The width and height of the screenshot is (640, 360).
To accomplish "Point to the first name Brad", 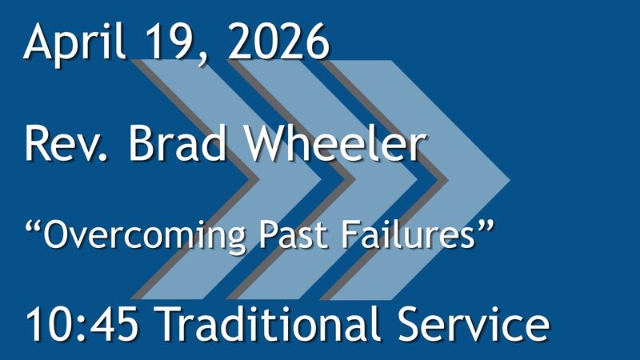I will tap(173, 146).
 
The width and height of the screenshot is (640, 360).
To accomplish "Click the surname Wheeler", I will tap(333, 146).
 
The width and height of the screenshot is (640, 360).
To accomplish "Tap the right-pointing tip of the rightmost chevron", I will tap(509, 178).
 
